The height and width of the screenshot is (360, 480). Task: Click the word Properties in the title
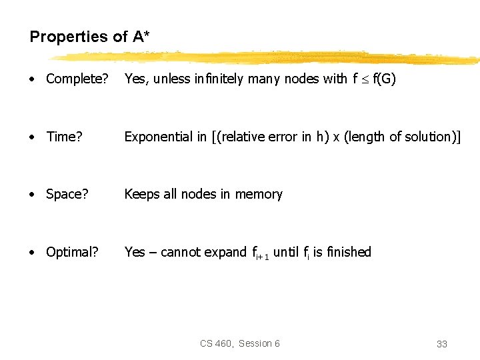[x=69, y=37]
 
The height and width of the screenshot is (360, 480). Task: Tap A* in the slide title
[x=141, y=37]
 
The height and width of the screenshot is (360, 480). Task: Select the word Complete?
[x=77, y=79]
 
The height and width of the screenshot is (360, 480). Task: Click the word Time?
[x=65, y=137]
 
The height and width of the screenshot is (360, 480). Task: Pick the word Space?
[x=67, y=194]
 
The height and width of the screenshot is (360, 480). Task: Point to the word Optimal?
[x=72, y=252]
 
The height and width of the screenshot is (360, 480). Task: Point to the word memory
[x=259, y=194]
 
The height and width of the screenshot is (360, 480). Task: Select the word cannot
[x=181, y=252]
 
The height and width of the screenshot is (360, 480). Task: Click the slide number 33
[x=441, y=344]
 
